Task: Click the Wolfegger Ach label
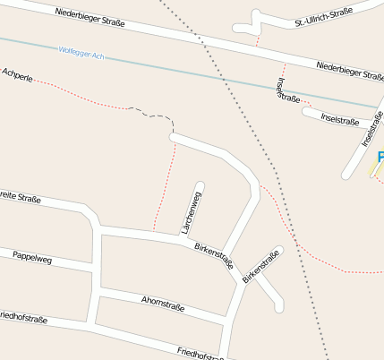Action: click(81, 54)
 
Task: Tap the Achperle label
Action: click(18, 75)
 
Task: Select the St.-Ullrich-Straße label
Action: click(323, 18)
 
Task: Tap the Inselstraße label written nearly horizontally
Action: click(339, 120)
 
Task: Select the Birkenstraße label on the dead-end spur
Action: click(260, 267)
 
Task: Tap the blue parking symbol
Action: click(380, 158)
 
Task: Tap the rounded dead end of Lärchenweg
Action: click(200, 186)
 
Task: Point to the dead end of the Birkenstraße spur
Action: click(279, 307)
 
